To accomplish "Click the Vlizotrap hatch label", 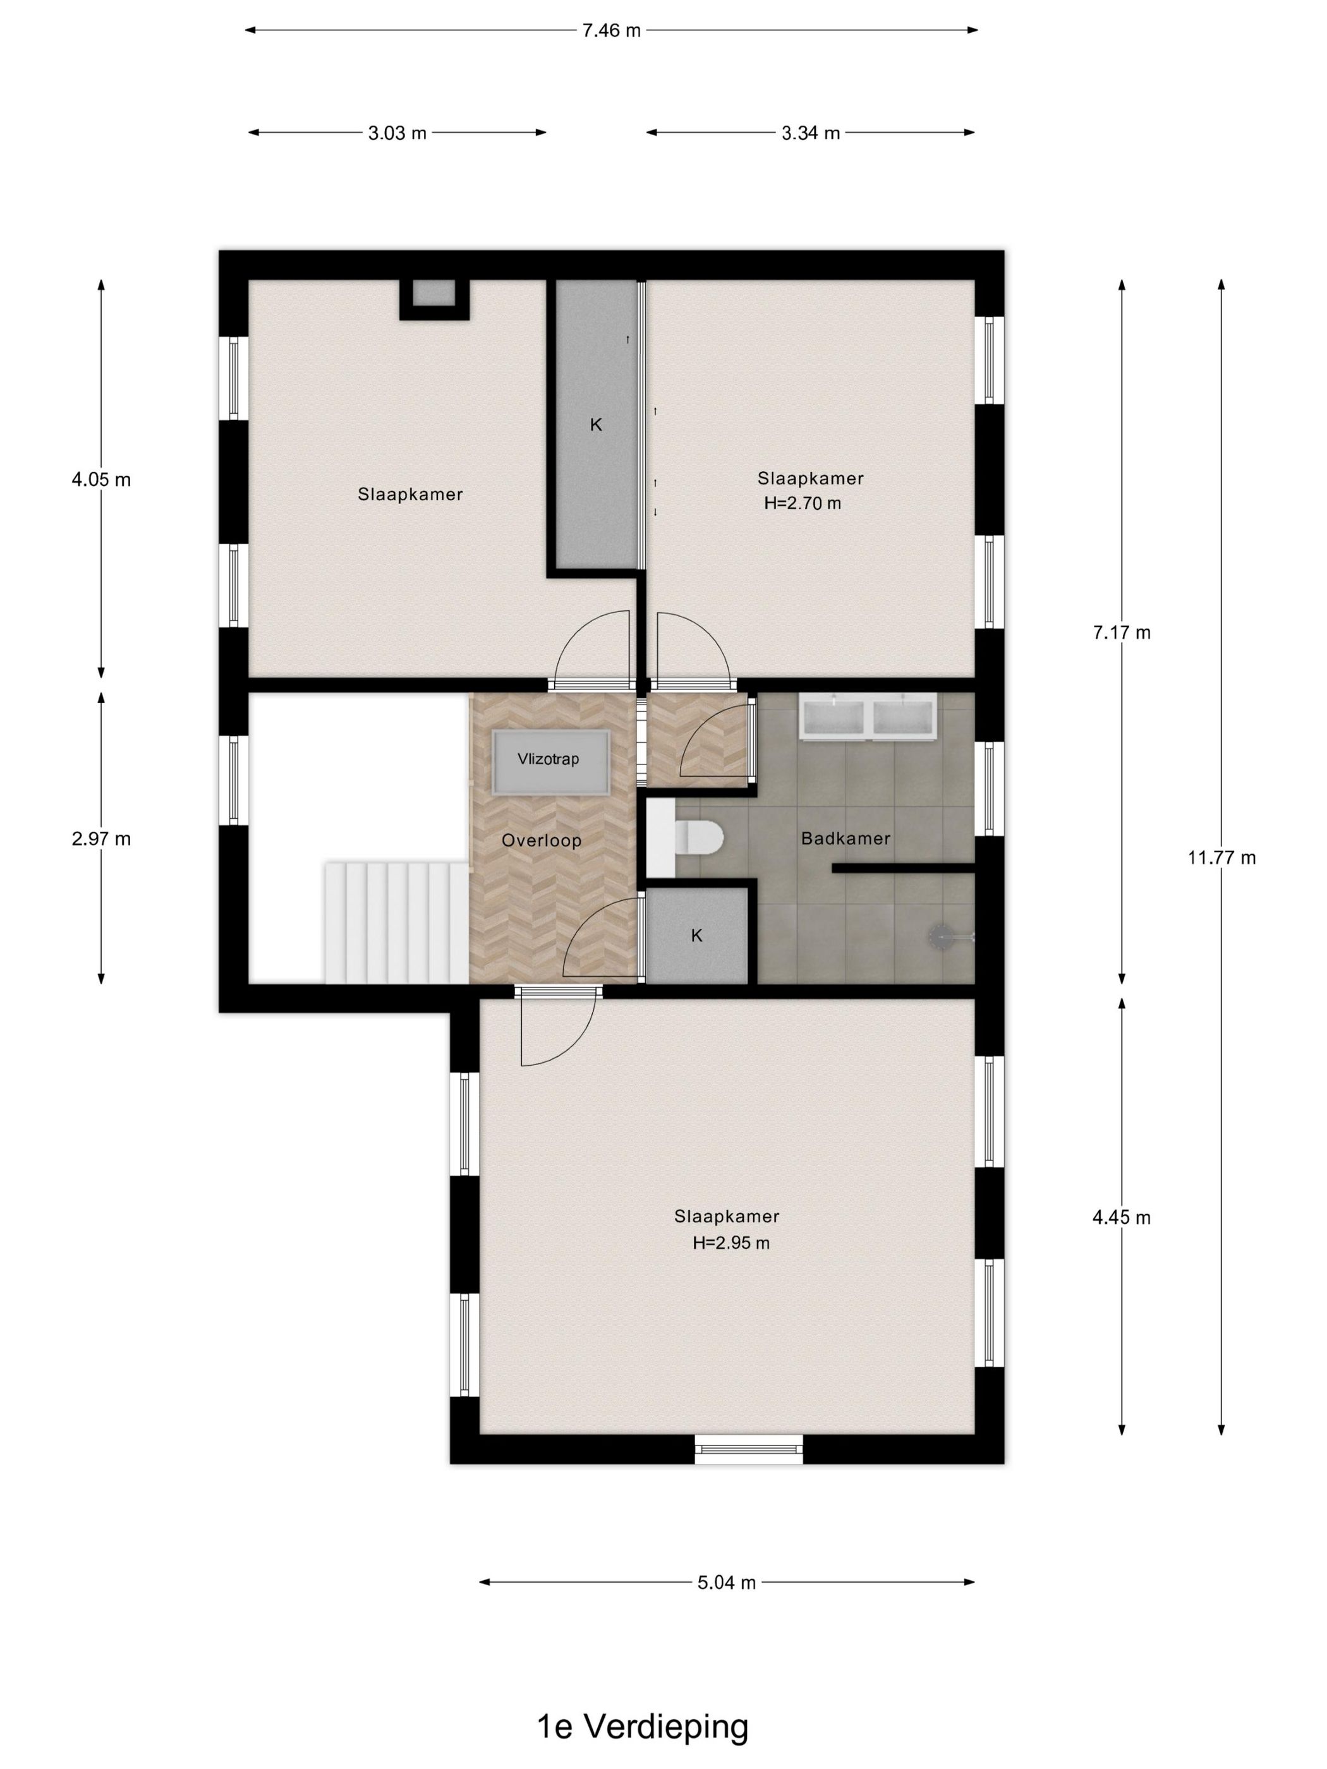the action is [x=548, y=759].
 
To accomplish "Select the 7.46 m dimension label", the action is [x=611, y=30].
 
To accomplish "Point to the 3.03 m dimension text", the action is [x=397, y=133].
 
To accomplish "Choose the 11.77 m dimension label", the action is [x=1221, y=858].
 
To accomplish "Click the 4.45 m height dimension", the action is [x=1122, y=1218].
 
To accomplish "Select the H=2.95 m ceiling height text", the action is [x=731, y=1243].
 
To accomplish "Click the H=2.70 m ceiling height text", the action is [x=803, y=504].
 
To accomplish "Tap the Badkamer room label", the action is [x=845, y=838].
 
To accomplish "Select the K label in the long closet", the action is [x=596, y=425].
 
